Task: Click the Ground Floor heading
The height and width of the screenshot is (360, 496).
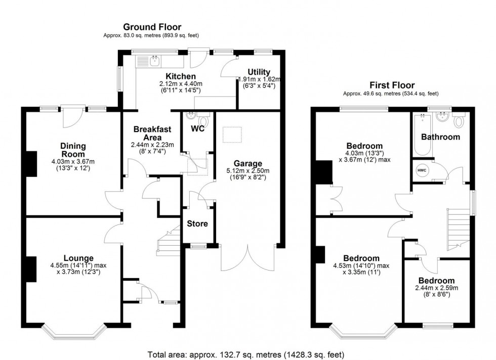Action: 152,27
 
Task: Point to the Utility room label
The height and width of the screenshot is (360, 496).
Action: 259,72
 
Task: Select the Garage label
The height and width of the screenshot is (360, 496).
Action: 247,163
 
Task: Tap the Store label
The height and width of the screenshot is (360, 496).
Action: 197,223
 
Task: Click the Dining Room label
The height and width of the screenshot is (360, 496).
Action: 70,150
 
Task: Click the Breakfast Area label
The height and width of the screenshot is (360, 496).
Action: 148,133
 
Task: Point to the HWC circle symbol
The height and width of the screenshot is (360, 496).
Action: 422,170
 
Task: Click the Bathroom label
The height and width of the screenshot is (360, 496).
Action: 440,137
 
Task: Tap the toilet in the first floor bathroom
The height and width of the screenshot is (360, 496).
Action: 459,121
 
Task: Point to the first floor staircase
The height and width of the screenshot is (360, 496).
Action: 459,230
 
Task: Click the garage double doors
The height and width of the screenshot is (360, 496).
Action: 249,258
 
